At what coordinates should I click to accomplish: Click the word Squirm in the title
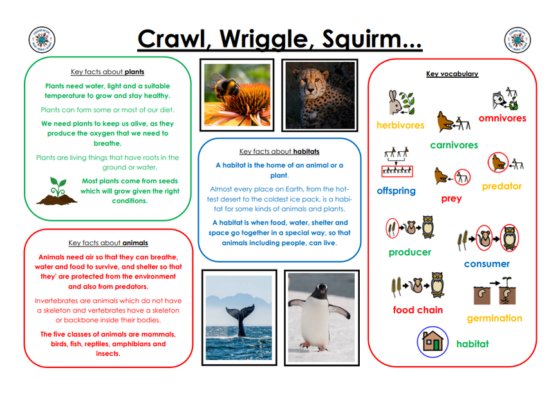point(371,39)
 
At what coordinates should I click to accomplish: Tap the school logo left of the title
point(42,40)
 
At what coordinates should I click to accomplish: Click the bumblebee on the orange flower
point(223,84)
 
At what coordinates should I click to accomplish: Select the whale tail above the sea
point(241,319)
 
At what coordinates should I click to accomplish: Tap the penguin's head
point(321,290)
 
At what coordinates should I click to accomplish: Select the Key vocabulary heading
point(452,74)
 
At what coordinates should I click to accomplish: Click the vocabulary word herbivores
point(400,125)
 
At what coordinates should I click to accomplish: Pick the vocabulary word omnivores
point(502,118)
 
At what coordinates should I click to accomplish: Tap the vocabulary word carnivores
point(454,145)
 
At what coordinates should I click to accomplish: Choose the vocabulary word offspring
point(396,190)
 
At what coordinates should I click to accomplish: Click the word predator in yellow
point(502,187)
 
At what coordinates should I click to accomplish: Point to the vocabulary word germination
point(494,318)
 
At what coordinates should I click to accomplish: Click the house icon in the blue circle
point(433,342)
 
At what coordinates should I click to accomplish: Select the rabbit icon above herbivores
point(395,102)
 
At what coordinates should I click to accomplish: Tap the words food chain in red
point(418,310)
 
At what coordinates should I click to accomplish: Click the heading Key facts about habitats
point(279,151)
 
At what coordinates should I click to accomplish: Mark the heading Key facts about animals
point(108,243)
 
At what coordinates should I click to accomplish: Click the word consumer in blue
point(487,264)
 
